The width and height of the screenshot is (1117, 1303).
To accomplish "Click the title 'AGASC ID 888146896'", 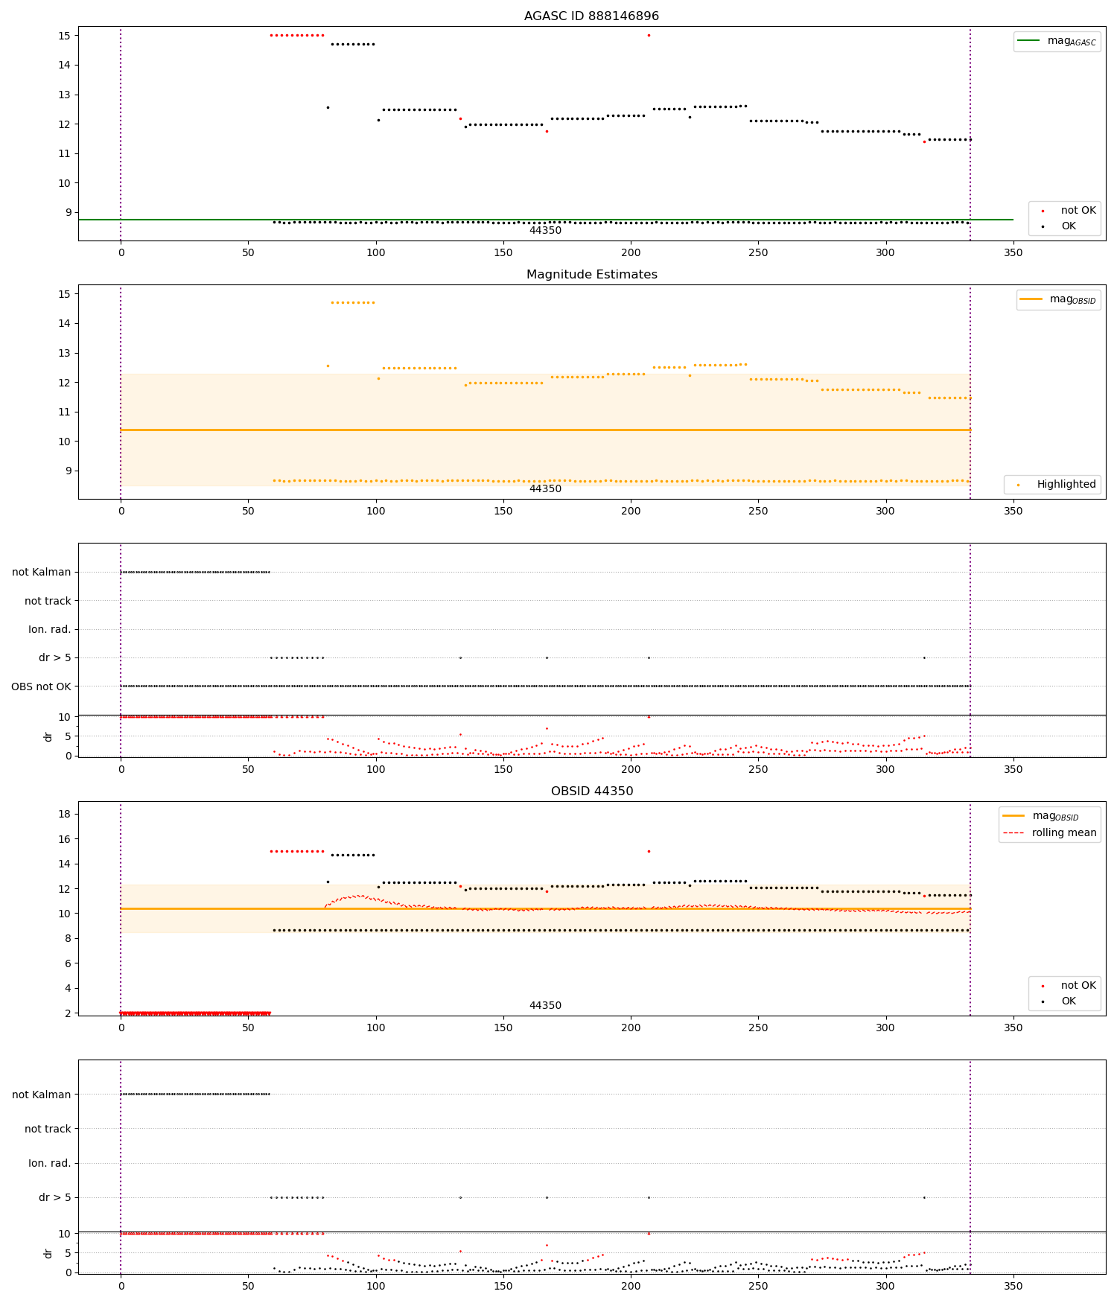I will pyautogui.click(x=591, y=16).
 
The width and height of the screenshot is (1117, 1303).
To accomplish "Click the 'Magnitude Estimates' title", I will pyautogui.click(x=591, y=274).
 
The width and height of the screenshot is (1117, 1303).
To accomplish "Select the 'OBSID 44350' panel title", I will pyautogui.click(x=591, y=791).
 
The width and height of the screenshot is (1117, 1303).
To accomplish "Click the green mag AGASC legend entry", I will pyautogui.click(x=1057, y=41).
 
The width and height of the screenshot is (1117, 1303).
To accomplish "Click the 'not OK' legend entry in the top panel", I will pyautogui.click(x=1065, y=210).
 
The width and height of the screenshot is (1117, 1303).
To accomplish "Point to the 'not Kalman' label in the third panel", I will pyautogui.click(x=42, y=572).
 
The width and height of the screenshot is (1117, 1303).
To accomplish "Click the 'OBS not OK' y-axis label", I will pyautogui.click(x=41, y=686).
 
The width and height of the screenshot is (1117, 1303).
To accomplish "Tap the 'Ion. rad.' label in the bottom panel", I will pyautogui.click(x=50, y=1163).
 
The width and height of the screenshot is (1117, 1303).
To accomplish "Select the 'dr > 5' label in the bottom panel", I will pyautogui.click(x=55, y=1197).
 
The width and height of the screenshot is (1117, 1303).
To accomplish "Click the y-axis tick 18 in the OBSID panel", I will pyautogui.click(x=64, y=814).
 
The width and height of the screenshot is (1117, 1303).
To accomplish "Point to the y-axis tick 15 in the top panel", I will pyautogui.click(x=64, y=35).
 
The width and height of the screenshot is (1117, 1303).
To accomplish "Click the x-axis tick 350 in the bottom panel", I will pyautogui.click(x=1013, y=1285).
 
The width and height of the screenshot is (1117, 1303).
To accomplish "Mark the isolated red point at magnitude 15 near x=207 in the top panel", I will pyautogui.click(x=649, y=35).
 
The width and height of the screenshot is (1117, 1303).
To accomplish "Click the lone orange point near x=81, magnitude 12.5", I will pyautogui.click(x=328, y=366).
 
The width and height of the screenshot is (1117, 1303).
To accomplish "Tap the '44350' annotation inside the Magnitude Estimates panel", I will pyautogui.click(x=545, y=488).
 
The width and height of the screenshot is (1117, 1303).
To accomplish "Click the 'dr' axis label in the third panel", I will pyautogui.click(x=48, y=736).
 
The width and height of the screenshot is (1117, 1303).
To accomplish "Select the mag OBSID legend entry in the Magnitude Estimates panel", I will pyautogui.click(x=1057, y=299).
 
